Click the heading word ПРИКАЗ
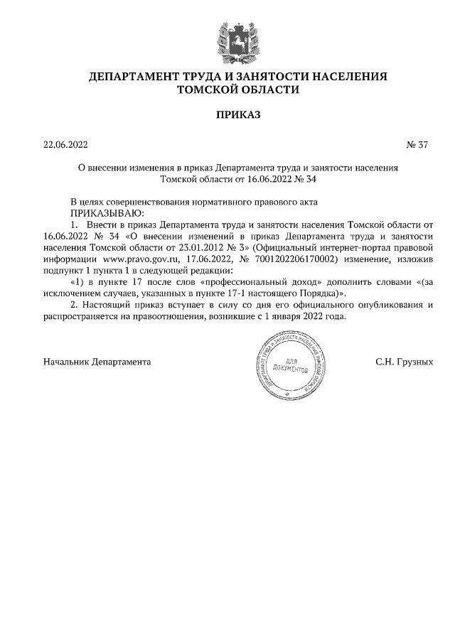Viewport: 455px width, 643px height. [x=227, y=114]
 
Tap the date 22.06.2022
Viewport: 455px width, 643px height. [x=65, y=146]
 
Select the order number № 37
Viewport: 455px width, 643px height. [x=417, y=146]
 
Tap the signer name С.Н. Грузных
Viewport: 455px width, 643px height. [x=404, y=362]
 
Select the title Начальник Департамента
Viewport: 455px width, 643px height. [x=97, y=362]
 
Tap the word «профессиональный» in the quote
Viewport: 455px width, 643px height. [x=280, y=281]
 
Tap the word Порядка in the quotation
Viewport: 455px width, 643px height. [x=311, y=293]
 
